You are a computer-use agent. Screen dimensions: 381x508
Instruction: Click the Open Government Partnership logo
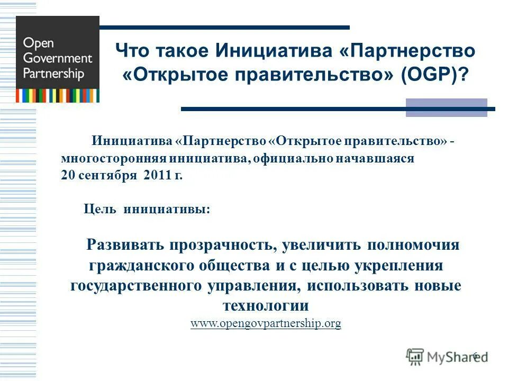tap(58, 59)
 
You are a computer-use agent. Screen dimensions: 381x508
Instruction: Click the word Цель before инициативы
tap(101, 210)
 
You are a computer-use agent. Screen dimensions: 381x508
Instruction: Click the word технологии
tap(266, 306)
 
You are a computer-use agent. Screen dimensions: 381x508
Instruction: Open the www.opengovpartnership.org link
tap(266, 323)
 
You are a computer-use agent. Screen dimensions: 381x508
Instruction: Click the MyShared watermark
tap(447, 357)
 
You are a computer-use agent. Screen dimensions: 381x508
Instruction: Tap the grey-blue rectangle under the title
tap(446, 107)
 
